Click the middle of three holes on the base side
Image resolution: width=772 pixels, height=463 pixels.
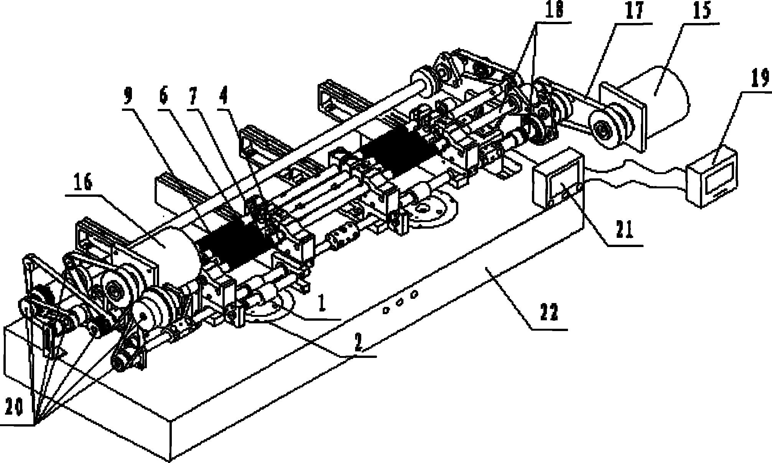click(399, 302)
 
